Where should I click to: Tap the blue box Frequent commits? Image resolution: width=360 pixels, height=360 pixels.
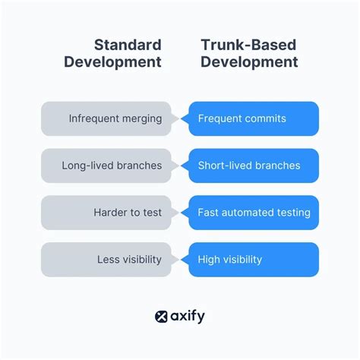(x=253, y=118)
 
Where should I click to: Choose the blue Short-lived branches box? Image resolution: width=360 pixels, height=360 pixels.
(x=253, y=166)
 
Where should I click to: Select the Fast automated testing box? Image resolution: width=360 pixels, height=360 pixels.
(x=253, y=213)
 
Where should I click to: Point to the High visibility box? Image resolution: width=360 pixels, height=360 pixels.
(x=253, y=260)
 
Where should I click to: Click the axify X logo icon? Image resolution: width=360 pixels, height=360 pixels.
(x=160, y=317)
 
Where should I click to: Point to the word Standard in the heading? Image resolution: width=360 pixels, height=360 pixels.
(x=127, y=44)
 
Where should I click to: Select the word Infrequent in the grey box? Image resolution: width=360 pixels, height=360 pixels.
(x=94, y=118)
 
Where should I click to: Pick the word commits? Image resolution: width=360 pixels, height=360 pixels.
(x=266, y=118)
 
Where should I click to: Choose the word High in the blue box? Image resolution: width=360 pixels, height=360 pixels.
(x=210, y=260)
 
